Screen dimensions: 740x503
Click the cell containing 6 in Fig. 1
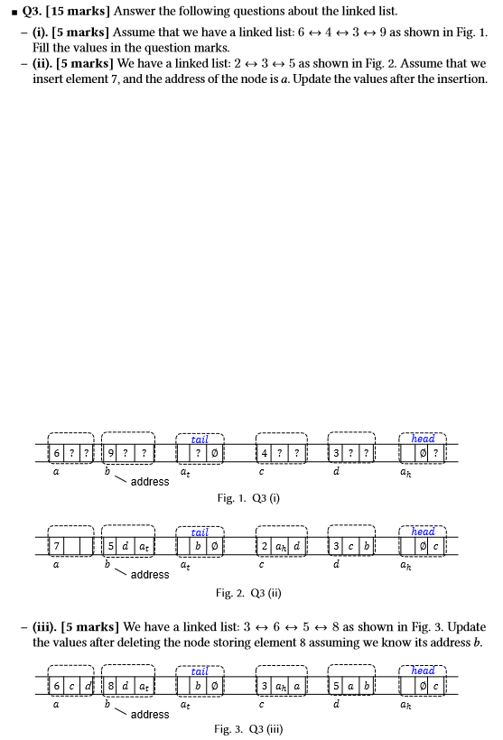pos(59,451)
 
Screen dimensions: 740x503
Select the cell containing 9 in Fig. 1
pos(112,451)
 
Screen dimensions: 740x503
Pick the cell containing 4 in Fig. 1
pos(264,451)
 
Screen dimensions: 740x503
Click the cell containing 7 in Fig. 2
pos(59,545)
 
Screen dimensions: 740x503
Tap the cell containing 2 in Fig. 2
pos(264,545)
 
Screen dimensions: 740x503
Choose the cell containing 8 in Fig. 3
pos(112,685)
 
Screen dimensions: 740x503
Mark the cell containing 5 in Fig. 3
pos(336,685)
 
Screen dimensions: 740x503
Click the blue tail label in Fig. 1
pos(200,439)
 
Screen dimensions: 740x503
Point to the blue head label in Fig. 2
pos(423,532)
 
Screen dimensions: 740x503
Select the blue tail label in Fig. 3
pos(200,671)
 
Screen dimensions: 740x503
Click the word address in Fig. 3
pos(150,714)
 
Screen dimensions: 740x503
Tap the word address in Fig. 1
pos(150,481)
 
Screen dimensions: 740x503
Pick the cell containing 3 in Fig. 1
pos(336,451)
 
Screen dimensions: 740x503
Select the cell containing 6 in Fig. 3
pos(59,685)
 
